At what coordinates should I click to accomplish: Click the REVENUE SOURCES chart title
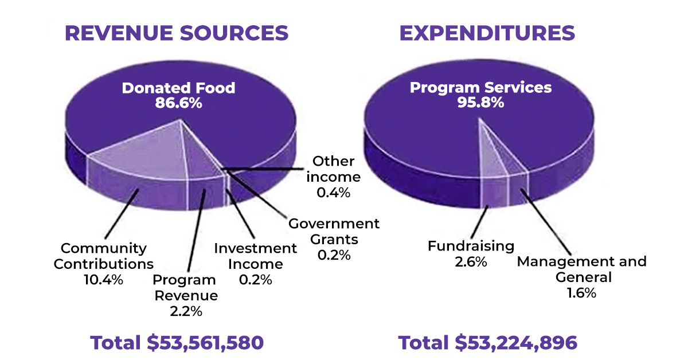[x=177, y=33]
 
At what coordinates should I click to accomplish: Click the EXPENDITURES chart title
[x=487, y=33]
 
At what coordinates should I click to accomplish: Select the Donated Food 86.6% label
[x=178, y=95]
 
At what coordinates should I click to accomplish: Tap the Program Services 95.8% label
[x=480, y=95]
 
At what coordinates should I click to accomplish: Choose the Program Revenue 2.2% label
[x=185, y=296]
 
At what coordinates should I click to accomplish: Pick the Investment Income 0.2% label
[x=256, y=264]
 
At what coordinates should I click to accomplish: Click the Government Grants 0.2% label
[x=334, y=239]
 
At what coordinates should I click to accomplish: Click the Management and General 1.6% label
[x=582, y=277]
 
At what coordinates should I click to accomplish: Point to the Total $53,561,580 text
[x=177, y=343]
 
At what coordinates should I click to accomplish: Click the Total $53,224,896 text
[x=487, y=343]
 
